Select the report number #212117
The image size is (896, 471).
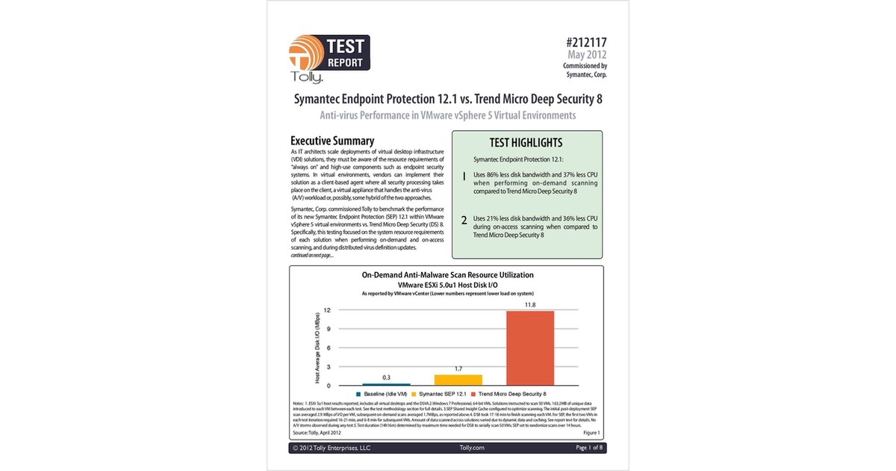coord(582,43)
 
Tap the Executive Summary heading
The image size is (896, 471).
coord(332,141)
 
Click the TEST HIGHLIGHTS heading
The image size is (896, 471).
coord(526,142)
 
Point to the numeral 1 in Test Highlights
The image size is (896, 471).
coord(464,177)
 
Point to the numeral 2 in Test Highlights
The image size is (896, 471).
coord(464,220)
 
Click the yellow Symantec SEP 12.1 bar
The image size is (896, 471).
coord(458,380)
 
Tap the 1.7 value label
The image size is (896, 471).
coord(458,369)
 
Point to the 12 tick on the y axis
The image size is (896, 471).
coord(327,310)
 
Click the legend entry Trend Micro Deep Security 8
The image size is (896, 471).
coord(511,393)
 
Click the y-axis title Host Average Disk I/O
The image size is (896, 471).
coord(317,348)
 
